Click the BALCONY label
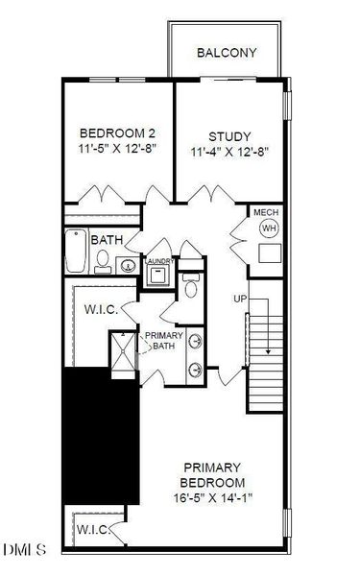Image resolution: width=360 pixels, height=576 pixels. pyautogui.click(x=227, y=53)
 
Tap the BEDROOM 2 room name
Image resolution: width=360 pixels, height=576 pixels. pyautogui.click(x=117, y=132)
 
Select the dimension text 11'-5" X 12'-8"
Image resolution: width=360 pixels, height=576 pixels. pyautogui.click(x=117, y=149)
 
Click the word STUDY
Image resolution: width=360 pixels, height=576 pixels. pyautogui.click(x=230, y=136)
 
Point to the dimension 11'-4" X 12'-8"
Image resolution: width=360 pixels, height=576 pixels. pyautogui.click(x=230, y=152)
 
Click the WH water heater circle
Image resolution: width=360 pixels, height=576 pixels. pyautogui.click(x=269, y=228)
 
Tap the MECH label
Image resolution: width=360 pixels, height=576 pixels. pyautogui.click(x=266, y=212)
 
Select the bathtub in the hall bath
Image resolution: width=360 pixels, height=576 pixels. pyautogui.click(x=76, y=251)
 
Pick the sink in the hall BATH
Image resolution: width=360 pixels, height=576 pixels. pyautogui.click(x=128, y=265)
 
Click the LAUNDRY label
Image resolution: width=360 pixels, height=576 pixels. pyautogui.click(x=159, y=261)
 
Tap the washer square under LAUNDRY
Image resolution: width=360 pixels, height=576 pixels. pyautogui.click(x=158, y=276)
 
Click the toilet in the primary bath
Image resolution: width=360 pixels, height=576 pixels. pyautogui.click(x=191, y=285)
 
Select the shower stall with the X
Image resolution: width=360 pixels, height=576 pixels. pyautogui.click(x=123, y=351)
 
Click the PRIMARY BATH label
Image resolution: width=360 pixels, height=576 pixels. pyautogui.click(x=164, y=341)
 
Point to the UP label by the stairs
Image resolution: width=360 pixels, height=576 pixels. pyautogui.click(x=240, y=299)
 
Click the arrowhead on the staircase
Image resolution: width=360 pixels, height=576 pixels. pyautogui.click(x=269, y=352)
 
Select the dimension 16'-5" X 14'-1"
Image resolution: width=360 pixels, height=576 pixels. pyautogui.click(x=213, y=497)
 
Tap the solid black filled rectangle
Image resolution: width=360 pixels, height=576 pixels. pyautogui.click(x=102, y=436)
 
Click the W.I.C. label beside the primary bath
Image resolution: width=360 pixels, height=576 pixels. pyautogui.click(x=102, y=309)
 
